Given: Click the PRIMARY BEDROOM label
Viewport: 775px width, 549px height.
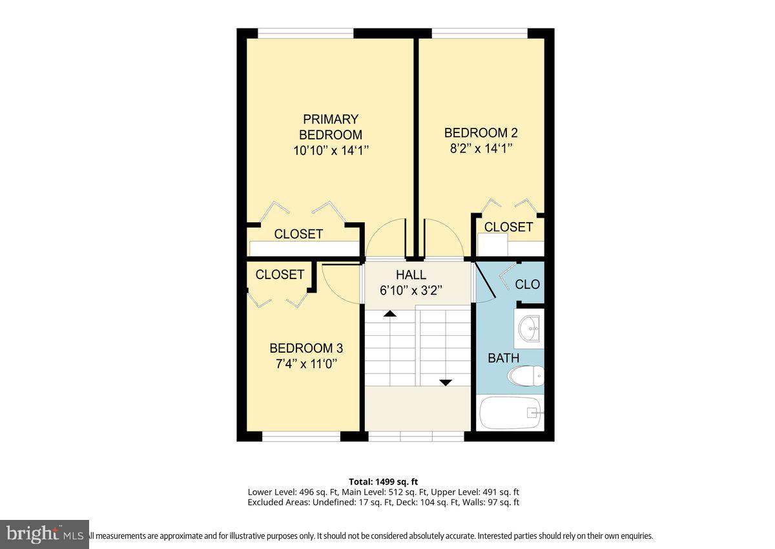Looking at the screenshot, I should (x=330, y=127).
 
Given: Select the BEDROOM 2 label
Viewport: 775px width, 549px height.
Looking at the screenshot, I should (x=480, y=132).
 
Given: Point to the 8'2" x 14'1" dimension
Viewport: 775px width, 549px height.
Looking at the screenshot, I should (x=480, y=148).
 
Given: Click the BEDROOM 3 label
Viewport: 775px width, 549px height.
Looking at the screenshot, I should (x=302, y=348).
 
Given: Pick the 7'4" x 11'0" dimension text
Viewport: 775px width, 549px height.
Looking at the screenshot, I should (x=302, y=363).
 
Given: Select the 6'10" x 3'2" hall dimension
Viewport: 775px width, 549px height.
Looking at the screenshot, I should (x=411, y=291).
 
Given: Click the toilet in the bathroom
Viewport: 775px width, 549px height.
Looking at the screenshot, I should (x=526, y=376).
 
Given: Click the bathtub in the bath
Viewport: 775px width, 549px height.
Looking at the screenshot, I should (x=510, y=413).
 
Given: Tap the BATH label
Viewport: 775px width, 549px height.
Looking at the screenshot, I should (x=503, y=358).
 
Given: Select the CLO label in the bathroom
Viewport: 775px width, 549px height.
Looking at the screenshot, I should (x=527, y=284).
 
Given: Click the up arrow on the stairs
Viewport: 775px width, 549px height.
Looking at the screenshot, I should (x=389, y=314).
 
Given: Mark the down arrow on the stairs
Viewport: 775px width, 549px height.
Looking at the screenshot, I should (x=445, y=382).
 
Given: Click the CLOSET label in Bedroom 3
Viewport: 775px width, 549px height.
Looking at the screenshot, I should (x=280, y=274).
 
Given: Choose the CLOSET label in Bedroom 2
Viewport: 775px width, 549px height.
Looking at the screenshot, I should (x=508, y=227).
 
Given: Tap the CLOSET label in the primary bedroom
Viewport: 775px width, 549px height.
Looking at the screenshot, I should (x=298, y=234).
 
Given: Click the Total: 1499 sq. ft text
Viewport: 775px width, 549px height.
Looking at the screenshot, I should (x=383, y=481).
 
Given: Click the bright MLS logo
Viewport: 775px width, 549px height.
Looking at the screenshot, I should (x=44, y=534).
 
